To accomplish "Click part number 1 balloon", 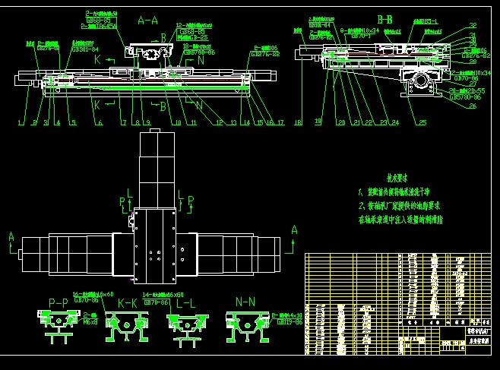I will point(21,122).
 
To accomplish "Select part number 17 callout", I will point(280,122).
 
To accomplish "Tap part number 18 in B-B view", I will point(299,122).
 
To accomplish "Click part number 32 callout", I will point(473,26).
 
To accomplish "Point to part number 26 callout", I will point(472,106).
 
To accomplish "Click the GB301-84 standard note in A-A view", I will point(84,49).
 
